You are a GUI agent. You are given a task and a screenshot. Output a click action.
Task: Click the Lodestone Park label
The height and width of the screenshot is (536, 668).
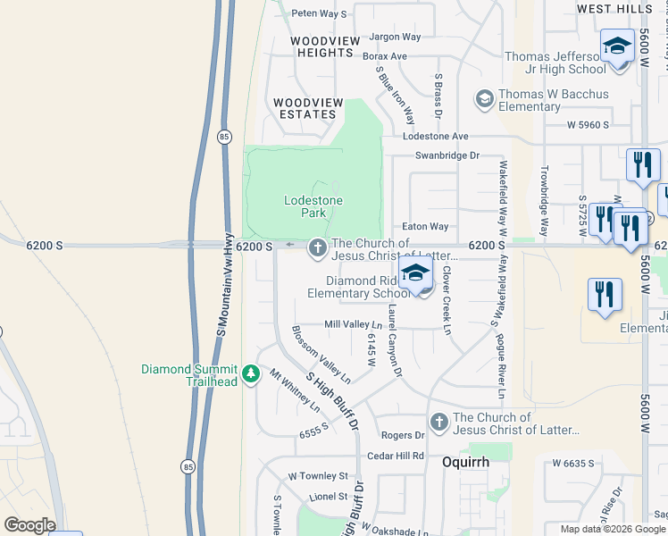pos(313,207)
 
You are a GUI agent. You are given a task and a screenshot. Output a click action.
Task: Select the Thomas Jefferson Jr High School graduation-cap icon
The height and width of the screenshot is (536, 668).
pos(617,46)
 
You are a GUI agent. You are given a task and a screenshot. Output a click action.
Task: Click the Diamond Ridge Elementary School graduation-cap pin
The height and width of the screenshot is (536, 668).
pos(415,273)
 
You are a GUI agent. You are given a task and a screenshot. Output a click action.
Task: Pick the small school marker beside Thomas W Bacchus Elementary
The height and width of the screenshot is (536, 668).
pos(485,99)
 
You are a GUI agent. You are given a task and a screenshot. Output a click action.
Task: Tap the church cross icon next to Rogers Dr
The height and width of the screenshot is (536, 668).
pos(438,422)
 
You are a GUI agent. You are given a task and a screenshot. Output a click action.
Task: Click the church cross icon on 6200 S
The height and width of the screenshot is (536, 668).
pos(317,248)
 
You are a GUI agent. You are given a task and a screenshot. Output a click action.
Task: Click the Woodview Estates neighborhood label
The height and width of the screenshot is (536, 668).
pos(307,109)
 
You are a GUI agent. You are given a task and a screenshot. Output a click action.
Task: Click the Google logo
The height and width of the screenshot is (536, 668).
pos(29,525)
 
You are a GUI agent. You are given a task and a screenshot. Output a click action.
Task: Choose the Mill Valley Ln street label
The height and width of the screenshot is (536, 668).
pos(353,324)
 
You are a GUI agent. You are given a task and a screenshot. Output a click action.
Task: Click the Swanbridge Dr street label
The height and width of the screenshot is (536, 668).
pos(447,155)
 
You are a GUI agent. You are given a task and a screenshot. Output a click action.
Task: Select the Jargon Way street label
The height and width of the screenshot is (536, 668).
pos(394,37)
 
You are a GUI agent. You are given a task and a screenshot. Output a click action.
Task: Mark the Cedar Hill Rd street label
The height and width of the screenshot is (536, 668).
pos(396,456)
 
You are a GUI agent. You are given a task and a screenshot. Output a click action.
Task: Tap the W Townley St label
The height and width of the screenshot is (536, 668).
pos(317,476)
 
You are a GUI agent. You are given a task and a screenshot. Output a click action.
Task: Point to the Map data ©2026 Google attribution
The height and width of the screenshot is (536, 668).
pos(613,529)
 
